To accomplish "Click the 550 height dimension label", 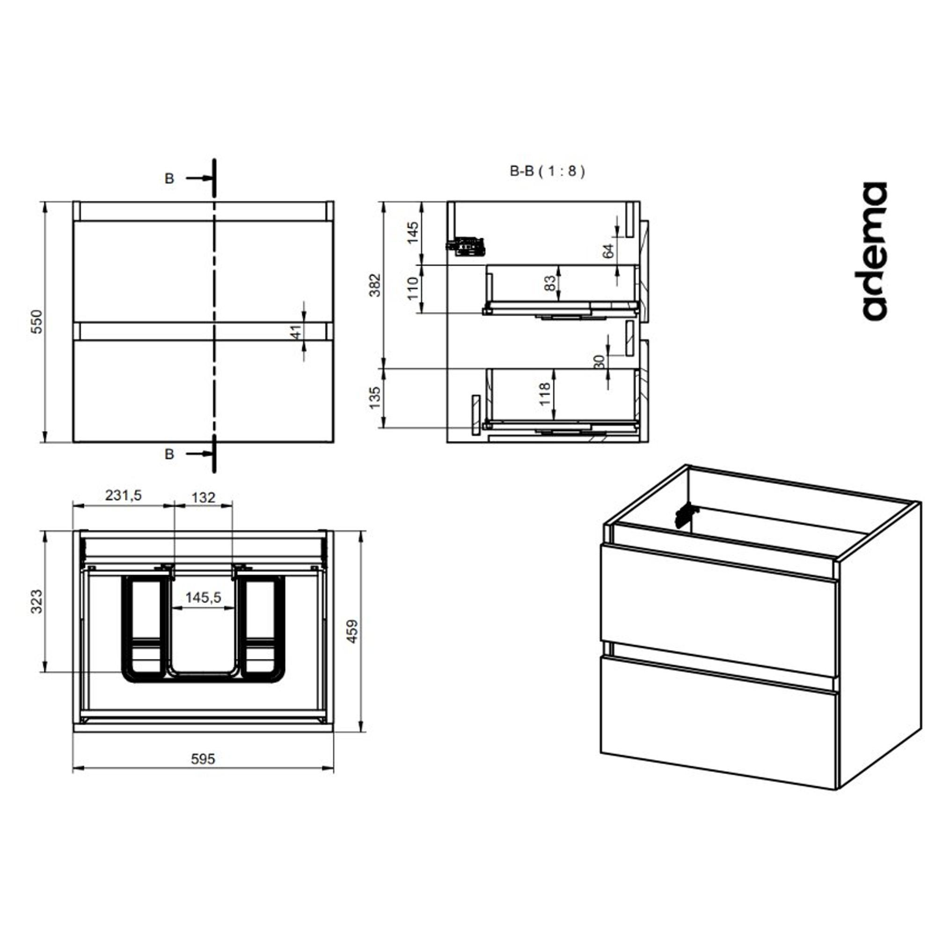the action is point(37,322).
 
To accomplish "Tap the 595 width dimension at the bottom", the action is point(203,759).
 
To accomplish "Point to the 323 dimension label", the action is point(37,602).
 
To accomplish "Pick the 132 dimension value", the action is point(203,497).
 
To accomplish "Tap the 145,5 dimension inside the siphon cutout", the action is point(203,597).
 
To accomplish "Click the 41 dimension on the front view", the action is point(296,331).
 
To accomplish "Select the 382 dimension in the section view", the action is point(375,285).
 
